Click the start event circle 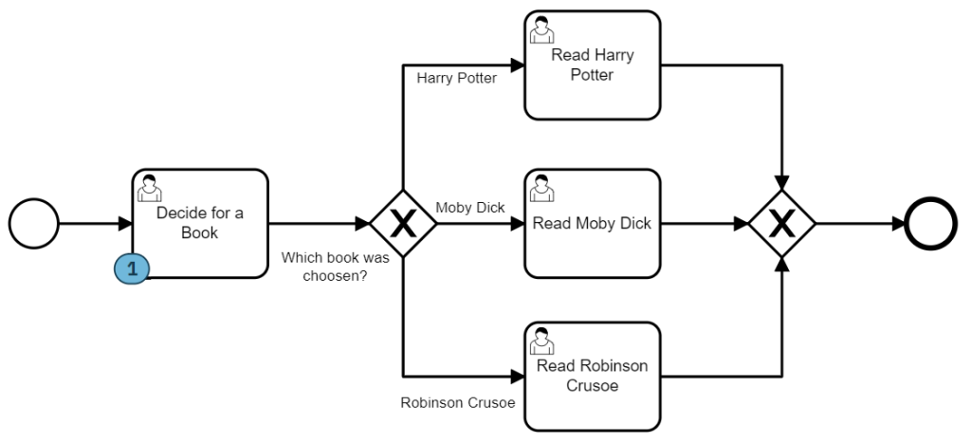click(x=34, y=224)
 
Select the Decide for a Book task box click(x=200, y=224)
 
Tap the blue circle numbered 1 click(x=132, y=268)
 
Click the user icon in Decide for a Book click(x=149, y=188)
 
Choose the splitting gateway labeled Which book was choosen click(x=403, y=224)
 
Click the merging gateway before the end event click(x=782, y=224)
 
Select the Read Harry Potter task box click(x=593, y=65)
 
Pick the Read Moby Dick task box click(x=593, y=224)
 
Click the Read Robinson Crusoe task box click(x=593, y=376)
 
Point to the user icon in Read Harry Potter click(x=541, y=30)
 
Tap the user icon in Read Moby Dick click(x=541, y=188)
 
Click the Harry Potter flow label click(x=456, y=78)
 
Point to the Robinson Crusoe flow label click(x=457, y=401)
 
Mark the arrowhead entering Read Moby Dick click(x=517, y=224)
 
